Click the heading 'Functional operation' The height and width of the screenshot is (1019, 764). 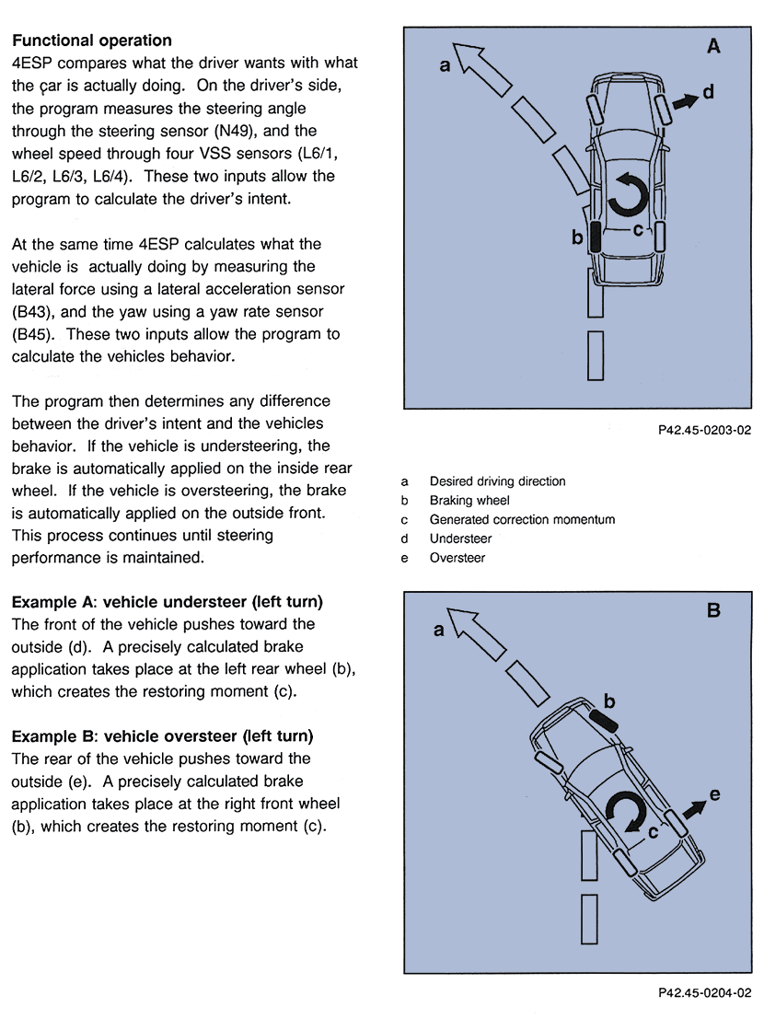(x=91, y=41)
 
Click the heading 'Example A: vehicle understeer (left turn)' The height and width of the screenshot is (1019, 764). (x=167, y=602)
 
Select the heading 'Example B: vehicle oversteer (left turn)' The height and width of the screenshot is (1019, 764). (x=162, y=736)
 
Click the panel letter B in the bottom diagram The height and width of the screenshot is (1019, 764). (x=713, y=610)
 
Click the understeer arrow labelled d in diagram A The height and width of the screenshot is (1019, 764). (x=685, y=101)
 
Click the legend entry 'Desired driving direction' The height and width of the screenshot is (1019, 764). (x=497, y=481)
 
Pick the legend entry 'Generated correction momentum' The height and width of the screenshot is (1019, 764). (x=521, y=519)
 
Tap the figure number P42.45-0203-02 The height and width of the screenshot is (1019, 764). (x=704, y=429)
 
